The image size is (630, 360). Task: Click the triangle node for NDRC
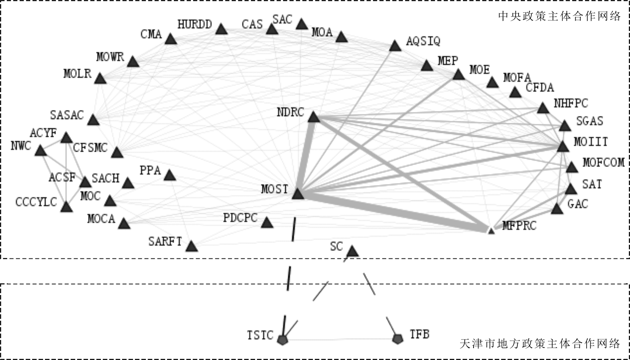pyautogui.click(x=314, y=117)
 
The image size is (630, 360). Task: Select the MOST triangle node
pyautogui.click(x=298, y=194)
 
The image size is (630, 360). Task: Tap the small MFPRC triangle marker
pyautogui.click(x=491, y=231)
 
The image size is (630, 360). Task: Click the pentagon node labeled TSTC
pyautogui.click(x=283, y=340)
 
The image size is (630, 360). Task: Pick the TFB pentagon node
pyautogui.click(x=397, y=339)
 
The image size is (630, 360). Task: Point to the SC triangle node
pyautogui.click(x=352, y=251)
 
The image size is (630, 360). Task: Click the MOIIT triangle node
pyautogui.click(x=563, y=147)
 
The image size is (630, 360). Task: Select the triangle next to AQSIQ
pyautogui.click(x=395, y=46)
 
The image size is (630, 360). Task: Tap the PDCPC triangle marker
pyautogui.click(x=267, y=223)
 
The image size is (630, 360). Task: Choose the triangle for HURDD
pyautogui.click(x=221, y=29)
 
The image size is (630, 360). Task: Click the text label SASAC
pyautogui.click(x=67, y=115)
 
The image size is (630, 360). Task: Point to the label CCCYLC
pyautogui.click(x=36, y=202)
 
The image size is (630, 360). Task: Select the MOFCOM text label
pyautogui.click(x=603, y=162)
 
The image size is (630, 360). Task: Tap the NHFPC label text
pyautogui.click(x=571, y=103)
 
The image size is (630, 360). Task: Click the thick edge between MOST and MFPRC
pyautogui.click(x=393, y=212)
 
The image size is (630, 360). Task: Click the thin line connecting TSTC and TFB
pyautogui.click(x=340, y=340)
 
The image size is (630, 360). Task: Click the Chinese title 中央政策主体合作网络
pyautogui.click(x=559, y=16)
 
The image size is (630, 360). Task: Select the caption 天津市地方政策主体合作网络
pyautogui.click(x=540, y=343)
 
